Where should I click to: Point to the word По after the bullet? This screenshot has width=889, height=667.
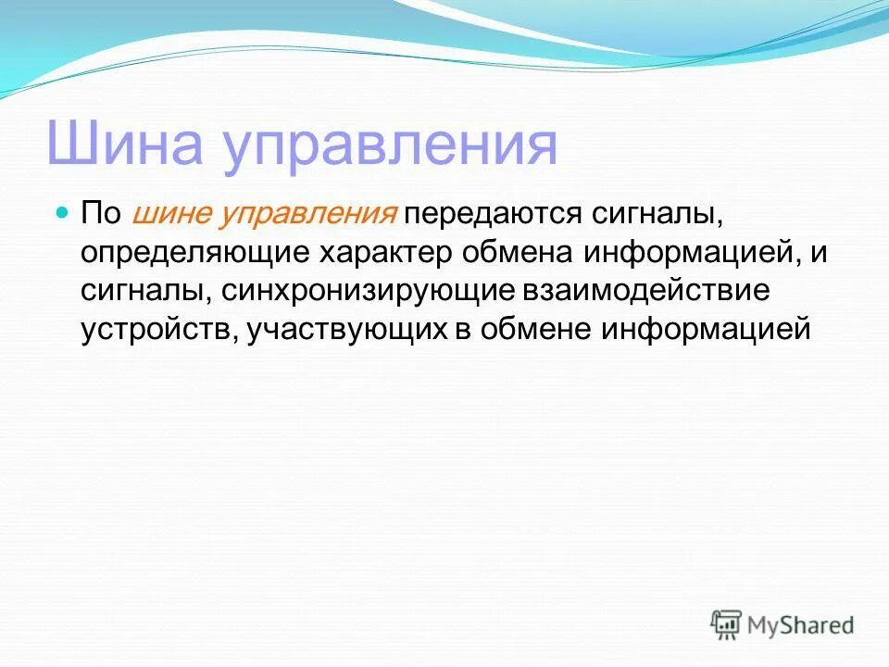point(101,215)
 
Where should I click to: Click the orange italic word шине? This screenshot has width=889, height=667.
point(171,215)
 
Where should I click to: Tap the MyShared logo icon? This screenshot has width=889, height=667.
point(727,625)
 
